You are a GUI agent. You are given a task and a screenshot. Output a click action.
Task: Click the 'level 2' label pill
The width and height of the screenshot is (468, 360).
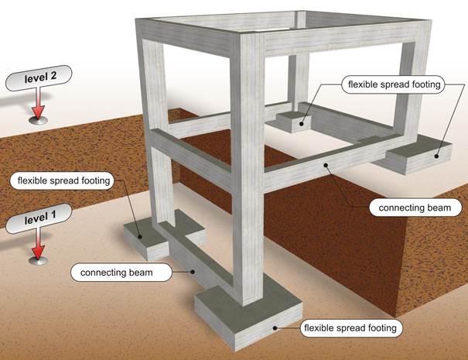tap(39, 78)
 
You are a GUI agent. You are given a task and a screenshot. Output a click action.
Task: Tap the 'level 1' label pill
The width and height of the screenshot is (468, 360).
tap(39, 218)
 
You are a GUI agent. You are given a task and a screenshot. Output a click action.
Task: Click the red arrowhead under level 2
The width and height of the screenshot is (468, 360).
tap(38, 111)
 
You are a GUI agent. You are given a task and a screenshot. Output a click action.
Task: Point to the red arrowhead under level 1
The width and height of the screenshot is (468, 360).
tap(38, 252)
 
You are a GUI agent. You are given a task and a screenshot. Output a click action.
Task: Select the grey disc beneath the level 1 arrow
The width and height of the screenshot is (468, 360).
tap(38, 260)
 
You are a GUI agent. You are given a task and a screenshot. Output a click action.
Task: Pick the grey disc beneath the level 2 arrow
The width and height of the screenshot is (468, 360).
tap(38, 120)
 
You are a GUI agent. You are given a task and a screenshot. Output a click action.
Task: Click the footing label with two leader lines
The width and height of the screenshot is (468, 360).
tap(394, 84)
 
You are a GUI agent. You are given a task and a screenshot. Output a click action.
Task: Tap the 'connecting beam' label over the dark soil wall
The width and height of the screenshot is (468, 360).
tap(415, 207)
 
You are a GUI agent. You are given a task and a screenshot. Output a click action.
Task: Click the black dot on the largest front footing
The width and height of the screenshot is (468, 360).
tap(275, 328)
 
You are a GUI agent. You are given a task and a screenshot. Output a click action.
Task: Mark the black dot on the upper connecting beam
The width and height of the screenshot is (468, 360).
tap(326, 165)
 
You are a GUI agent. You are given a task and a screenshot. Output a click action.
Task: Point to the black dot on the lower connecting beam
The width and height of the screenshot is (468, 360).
tap(193, 272)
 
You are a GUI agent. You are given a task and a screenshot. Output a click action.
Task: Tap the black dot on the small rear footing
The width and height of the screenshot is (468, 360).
tap(302, 124)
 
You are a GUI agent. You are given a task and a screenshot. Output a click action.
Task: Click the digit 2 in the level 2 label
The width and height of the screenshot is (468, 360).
tap(53, 76)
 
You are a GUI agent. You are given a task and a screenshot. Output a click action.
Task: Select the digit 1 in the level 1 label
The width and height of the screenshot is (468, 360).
tap(53, 216)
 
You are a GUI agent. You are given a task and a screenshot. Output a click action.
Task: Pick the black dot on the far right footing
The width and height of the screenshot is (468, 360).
tap(436, 156)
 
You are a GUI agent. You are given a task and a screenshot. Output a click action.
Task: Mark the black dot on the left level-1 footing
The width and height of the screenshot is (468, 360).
tap(139, 237)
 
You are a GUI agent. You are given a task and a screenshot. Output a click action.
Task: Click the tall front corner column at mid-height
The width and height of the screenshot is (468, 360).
tap(247, 167)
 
